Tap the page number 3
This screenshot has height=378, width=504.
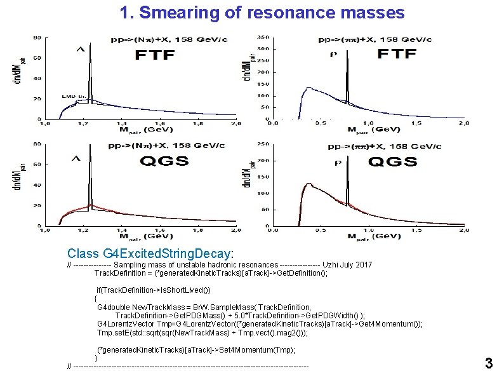488,363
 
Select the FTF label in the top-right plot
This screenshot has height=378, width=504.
398,53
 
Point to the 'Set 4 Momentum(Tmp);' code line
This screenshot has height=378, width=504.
196,350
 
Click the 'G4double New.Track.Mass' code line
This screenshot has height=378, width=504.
203,307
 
